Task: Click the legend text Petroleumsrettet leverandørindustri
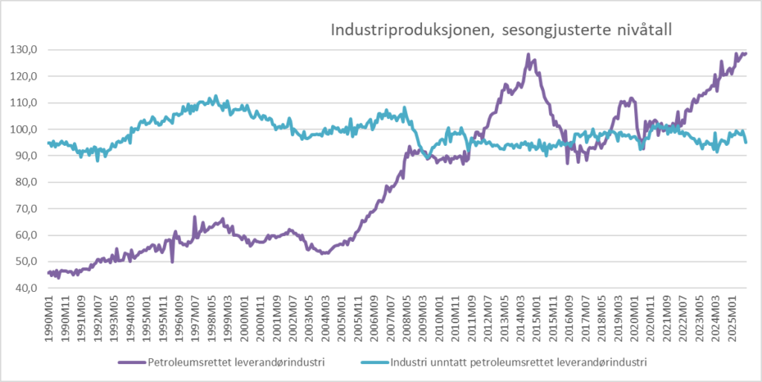pyautogui.click(x=235, y=363)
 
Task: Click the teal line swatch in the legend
pyautogui.click(x=375, y=363)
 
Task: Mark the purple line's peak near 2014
pyautogui.click(x=528, y=55)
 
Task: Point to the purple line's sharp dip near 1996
pyautogui.click(x=172, y=261)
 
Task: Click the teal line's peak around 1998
pyautogui.click(x=216, y=97)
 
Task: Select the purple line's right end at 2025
pyautogui.click(x=746, y=53)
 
